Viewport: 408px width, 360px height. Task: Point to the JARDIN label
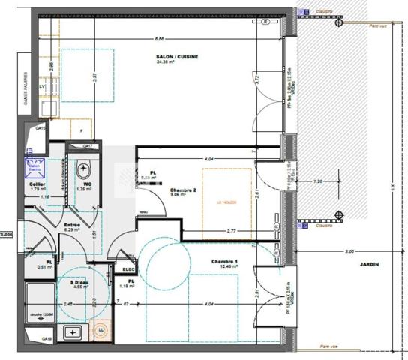tap(369, 265)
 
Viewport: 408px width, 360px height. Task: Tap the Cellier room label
tap(37, 184)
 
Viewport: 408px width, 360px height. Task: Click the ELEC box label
tap(128, 269)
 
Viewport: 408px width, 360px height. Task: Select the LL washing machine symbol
tap(101, 327)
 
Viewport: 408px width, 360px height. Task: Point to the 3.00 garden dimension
tap(349, 251)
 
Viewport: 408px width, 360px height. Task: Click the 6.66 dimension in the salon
tap(160, 39)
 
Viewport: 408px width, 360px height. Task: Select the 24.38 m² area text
tap(166, 62)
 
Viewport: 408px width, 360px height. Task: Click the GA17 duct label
tap(88, 145)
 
